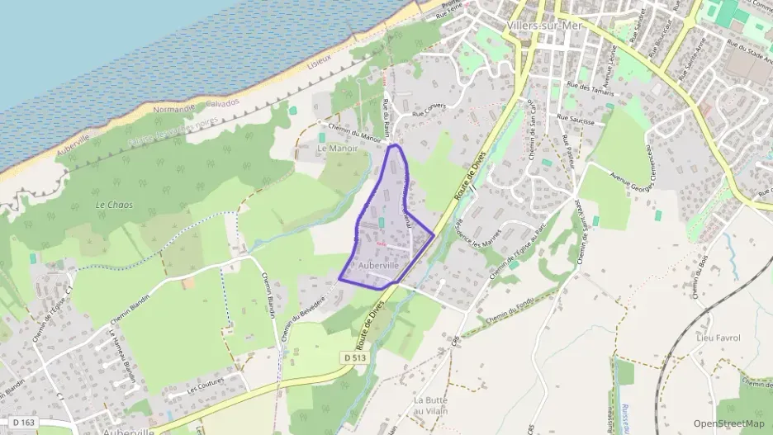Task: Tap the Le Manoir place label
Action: (x=336, y=149)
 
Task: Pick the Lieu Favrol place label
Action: (x=718, y=338)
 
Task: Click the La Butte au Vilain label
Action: (x=430, y=405)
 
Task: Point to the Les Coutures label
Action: (x=206, y=388)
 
